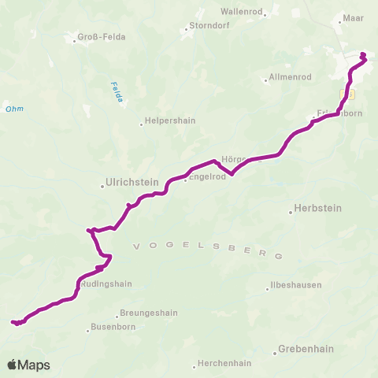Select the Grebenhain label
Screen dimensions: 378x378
coord(306,350)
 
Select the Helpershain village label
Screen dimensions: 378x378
coord(168,122)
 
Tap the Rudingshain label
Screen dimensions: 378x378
coord(106,284)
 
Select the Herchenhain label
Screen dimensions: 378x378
coord(224,365)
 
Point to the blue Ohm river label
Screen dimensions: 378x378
coord(13,109)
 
